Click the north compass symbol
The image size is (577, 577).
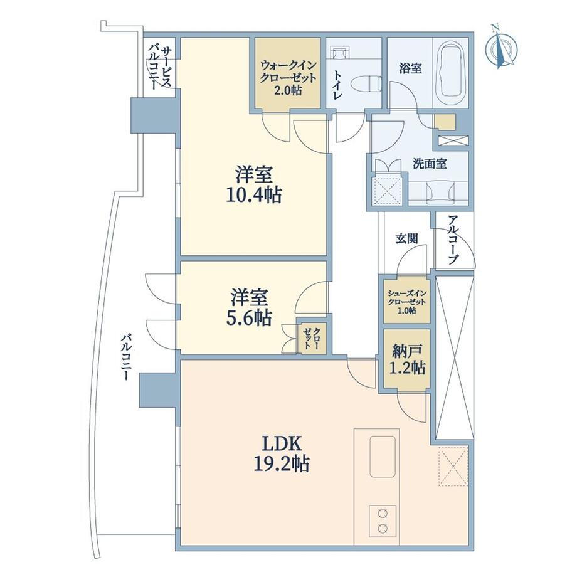(501, 47)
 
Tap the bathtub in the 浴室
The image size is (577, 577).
(451, 73)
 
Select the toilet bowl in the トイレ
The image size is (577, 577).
(364, 83)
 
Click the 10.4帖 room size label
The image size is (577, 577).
(254, 194)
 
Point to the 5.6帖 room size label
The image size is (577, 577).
(249, 317)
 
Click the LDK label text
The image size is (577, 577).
(282, 444)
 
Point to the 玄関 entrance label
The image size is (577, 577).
(407, 238)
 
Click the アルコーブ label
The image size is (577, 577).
(453, 240)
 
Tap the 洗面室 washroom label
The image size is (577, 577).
(430, 164)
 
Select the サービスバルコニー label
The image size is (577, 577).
(160, 67)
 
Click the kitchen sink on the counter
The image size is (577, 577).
(383, 457)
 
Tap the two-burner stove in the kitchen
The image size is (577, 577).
(383, 521)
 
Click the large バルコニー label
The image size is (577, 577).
(126, 356)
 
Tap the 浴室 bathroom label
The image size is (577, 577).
(410, 68)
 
